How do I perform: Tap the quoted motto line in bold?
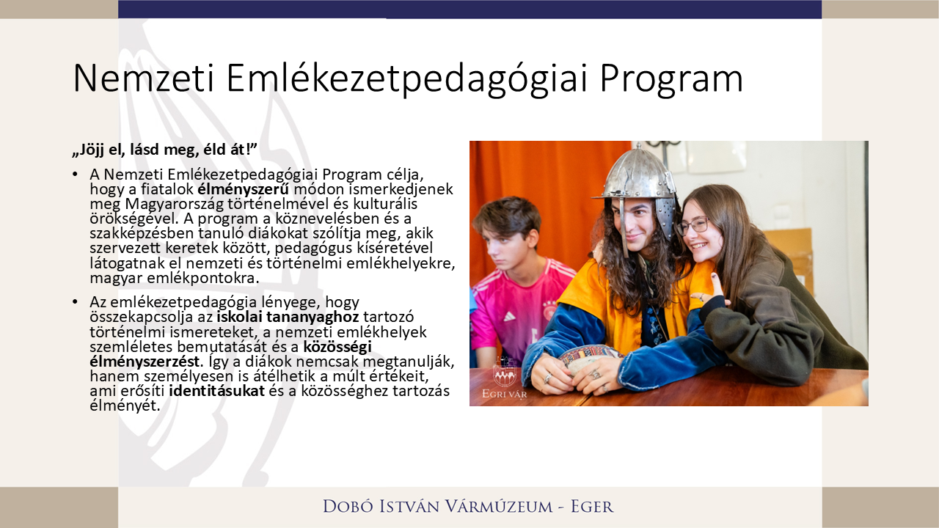coord(164,150)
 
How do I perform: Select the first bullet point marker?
coord(75,175)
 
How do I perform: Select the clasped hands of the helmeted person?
coord(580,374)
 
